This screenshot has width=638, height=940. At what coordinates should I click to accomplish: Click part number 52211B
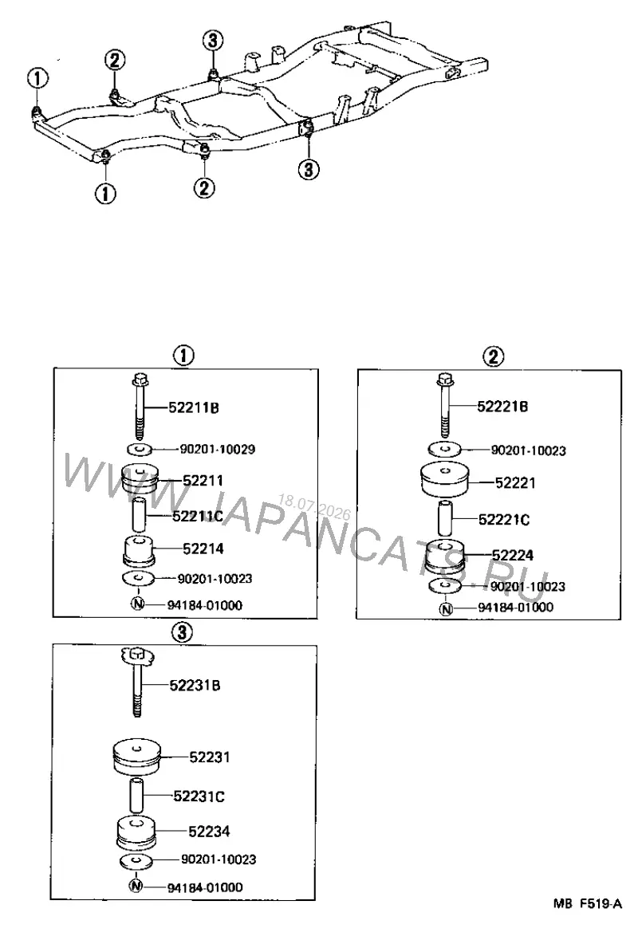(x=193, y=407)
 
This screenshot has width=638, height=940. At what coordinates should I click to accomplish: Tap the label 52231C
(x=199, y=796)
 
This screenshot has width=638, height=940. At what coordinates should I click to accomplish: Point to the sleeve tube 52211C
(x=139, y=513)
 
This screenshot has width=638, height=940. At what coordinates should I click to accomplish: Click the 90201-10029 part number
(x=217, y=449)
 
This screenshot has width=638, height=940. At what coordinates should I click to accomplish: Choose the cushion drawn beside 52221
(x=444, y=480)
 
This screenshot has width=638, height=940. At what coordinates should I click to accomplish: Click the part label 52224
(x=512, y=556)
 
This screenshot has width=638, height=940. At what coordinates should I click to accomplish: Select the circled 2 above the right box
(x=493, y=357)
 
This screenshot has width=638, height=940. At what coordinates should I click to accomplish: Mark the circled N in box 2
(x=446, y=609)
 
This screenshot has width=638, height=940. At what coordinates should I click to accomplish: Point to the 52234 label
(x=209, y=832)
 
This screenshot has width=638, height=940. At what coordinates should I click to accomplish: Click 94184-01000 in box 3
(x=204, y=887)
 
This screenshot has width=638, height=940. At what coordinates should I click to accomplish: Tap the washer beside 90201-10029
(x=139, y=449)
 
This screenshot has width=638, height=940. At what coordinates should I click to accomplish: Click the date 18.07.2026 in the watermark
(x=314, y=506)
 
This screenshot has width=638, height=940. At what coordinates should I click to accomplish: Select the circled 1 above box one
(x=183, y=356)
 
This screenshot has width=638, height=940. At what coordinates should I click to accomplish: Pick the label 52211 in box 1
(x=203, y=480)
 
